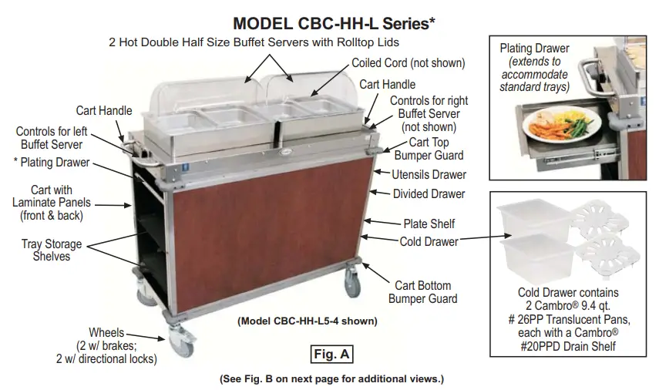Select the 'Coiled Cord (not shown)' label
(409, 63)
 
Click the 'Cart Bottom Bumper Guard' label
(422, 292)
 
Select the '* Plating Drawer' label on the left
(51, 163)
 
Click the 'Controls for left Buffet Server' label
(50, 138)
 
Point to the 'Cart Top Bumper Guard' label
(429, 148)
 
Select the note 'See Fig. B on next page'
(332, 378)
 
